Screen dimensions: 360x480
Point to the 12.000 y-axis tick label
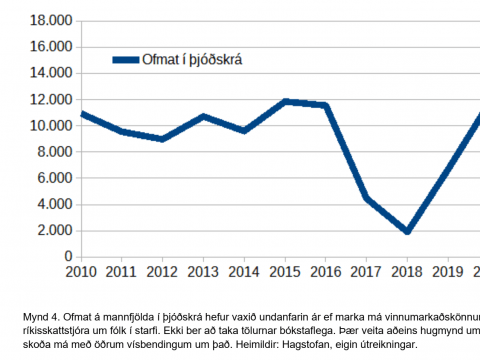coord(52,99)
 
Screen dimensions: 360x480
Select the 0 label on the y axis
coord(68,256)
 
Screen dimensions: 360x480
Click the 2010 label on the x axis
coord(80,271)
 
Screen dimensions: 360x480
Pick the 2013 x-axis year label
coord(203,271)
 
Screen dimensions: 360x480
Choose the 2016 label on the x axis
coord(326,271)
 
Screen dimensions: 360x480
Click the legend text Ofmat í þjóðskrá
coord(196,60)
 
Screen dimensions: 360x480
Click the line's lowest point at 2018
coord(408,232)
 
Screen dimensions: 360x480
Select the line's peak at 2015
coord(285,101)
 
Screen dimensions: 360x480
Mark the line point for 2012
coord(162,139)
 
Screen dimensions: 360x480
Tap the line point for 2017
coord(367,198)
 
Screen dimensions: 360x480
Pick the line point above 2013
coord(203,116)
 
